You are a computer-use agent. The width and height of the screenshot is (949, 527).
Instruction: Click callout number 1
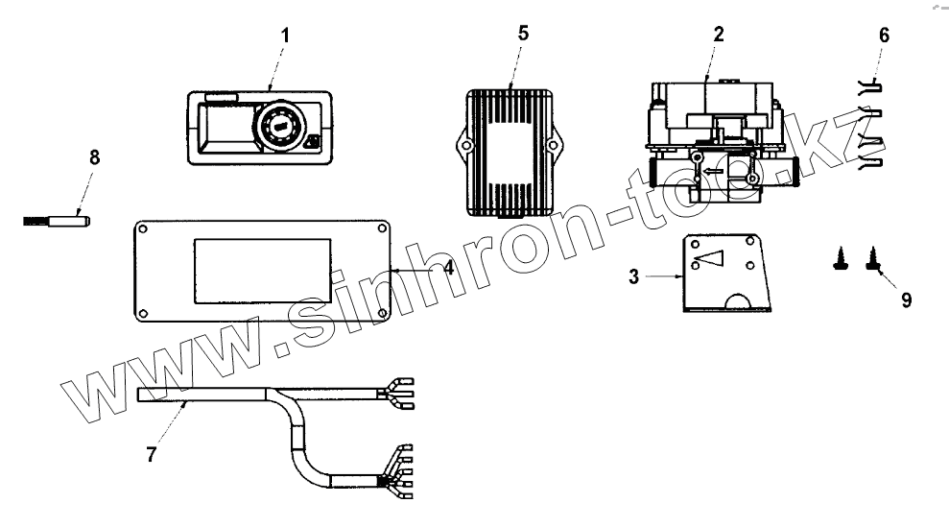[284, 36]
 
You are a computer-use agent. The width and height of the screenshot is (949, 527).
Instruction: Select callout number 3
[634, 277]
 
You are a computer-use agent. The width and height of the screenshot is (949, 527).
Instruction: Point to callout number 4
[447, 270]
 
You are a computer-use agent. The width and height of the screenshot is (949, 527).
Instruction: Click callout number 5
[523, 32]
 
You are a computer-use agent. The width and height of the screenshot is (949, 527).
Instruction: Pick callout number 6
[884, 36]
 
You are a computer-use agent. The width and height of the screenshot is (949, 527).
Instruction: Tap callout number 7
[151, 453]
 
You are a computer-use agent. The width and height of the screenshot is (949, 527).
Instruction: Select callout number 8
[94, 158]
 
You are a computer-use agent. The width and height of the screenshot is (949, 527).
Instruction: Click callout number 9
[905, 299]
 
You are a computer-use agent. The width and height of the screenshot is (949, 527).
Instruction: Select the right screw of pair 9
[874, 258]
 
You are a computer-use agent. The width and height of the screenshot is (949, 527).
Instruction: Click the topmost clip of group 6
[870, 86]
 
